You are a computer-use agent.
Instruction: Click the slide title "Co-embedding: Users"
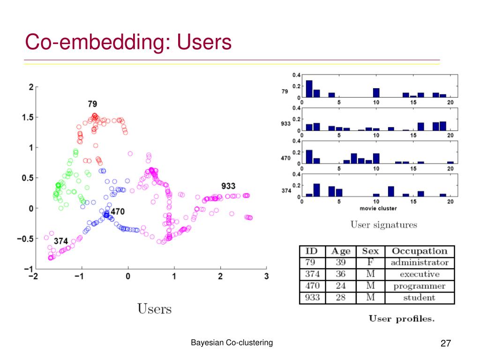[128, 42]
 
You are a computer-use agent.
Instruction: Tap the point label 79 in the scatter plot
[92, 104]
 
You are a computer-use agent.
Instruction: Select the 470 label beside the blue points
[118, 212]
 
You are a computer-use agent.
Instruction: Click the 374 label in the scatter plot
[60, 241]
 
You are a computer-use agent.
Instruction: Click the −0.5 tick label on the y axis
[25, 239]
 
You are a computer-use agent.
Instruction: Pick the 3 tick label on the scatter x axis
[266, 277]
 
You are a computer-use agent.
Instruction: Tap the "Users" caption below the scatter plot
[154, 309]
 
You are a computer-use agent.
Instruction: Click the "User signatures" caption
[383, 225]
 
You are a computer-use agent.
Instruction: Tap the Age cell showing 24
[340, 286]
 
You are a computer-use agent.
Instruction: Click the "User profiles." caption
[402, 319]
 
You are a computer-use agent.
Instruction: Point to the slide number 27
[445, 344]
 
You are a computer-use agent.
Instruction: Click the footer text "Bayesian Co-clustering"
[232, 343]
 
